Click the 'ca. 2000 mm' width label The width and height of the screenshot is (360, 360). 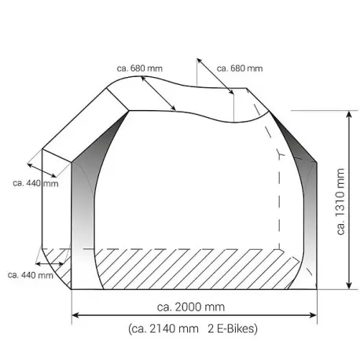tap(191, 307)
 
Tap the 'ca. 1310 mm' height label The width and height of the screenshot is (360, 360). tap(340, 201)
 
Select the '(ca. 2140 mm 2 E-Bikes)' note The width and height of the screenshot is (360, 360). tap(193, 329)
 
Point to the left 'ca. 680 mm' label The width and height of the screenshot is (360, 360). tap(140, 68)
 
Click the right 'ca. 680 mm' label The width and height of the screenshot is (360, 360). tap(240, 68)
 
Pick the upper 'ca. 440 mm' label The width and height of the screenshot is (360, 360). tap(35, 183)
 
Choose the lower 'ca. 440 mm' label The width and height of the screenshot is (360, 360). tap(31, 275)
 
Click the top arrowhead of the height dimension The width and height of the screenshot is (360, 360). tap(349, 114)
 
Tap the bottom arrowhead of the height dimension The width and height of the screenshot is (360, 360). tap(349, 286)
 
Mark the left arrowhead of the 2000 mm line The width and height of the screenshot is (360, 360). tap(75, 315)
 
